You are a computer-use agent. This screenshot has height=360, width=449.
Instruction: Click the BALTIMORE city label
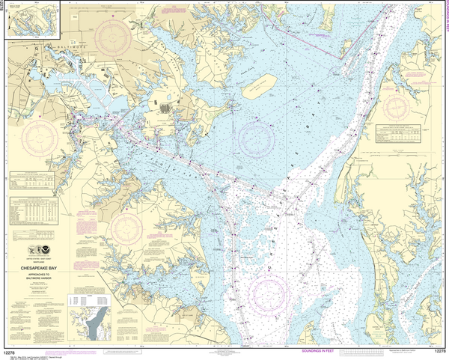coord(73,43)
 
